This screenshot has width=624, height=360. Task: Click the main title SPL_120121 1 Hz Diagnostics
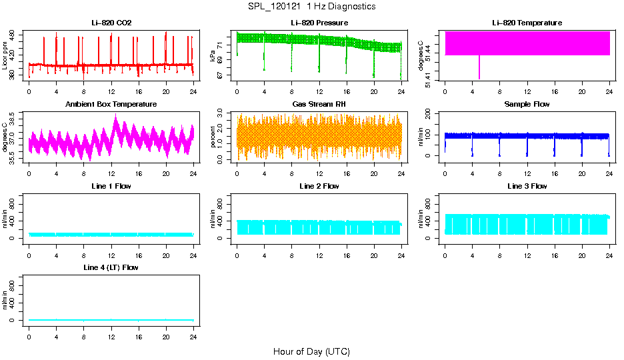(x=311, y=7)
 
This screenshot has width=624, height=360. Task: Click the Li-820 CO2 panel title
(x=111, y=23)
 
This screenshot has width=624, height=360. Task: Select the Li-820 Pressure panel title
(x=319, y=23)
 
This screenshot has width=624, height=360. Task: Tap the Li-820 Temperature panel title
(x=527, y=23)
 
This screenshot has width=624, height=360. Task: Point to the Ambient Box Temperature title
(x=111, y=105)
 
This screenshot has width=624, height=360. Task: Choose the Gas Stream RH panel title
(x=319, y=105)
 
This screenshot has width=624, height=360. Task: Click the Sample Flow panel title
(x=527, y=105)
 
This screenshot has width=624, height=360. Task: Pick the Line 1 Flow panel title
(x=111, y=186)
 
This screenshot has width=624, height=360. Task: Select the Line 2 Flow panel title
(x=319, y=186)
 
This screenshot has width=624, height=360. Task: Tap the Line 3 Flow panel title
(x=527, y=186)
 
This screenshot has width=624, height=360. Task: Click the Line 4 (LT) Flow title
(x=111, y=267)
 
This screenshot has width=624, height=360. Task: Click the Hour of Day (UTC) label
(x=311, y=351)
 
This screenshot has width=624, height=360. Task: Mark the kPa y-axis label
(x=213, y=56)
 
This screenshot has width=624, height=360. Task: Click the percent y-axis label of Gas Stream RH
(x=213, y=137)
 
